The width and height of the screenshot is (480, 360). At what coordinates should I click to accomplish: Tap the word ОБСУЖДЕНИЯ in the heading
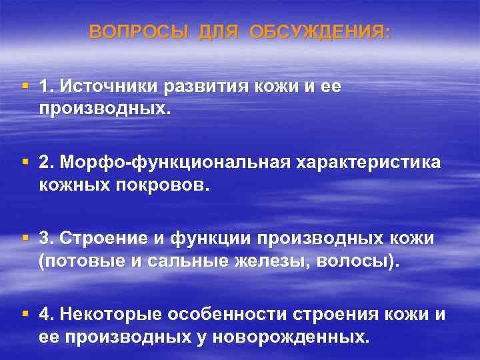pos(321,32)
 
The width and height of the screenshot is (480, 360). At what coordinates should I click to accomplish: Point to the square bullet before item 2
pos(25,162)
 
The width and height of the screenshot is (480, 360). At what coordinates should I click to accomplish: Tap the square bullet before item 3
pos(25,237)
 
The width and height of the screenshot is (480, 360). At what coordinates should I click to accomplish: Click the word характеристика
pos(374,163)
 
